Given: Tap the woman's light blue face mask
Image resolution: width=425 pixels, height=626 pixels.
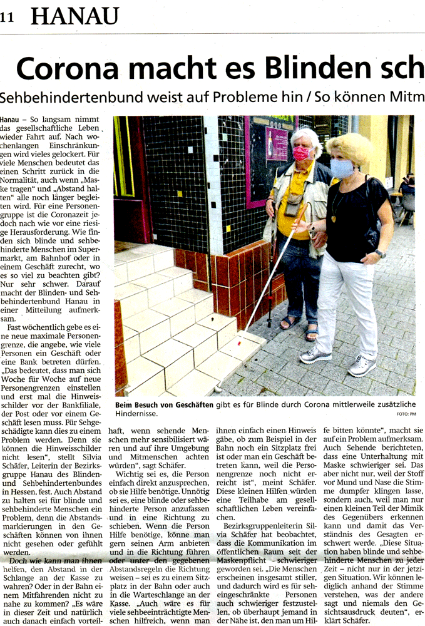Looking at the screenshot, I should (342, 168).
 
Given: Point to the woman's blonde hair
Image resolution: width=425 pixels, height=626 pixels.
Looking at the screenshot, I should (350, 147).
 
